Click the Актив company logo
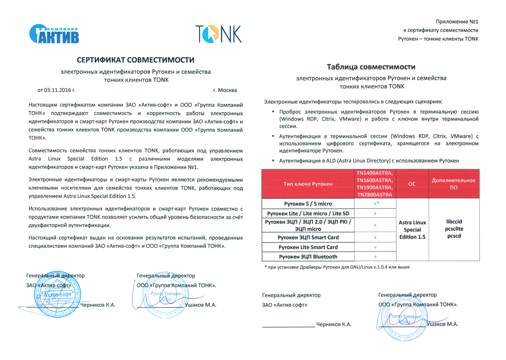pyautogui.click(x=54, y=34)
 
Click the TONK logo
pyautogui.click(x=219, y=34)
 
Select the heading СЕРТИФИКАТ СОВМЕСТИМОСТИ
pyautogui.click(x=136, y=60)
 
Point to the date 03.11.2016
pyautogui.click(x=57, y=90)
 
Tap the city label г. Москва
pyautogui.click(x=225, y=90)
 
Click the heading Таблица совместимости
pyautogui.click(x=371, y=67)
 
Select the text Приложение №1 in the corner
pyautogui.click(x=457, y=22)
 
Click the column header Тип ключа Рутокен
pyautogui.click(x=308, y=184)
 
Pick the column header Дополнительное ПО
pyautogui.click(x=454, y=184)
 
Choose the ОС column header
pyautogui.click(x=412, y=184)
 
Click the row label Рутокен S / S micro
pyautogui.click(x=308, y=204)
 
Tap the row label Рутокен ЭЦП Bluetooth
pyautogui.click(x=308, y=257)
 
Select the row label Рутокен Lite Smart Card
pyautogui.click(x=308, y=247)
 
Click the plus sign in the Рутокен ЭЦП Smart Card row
pyautogui.click(x=375, y=238)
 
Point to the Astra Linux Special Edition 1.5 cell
pyautogui.click(x=412, y=230)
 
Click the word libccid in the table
pyautogui.click(x=454, y=222)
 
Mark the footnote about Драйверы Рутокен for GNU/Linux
pyautogui.click(x=337, y=267)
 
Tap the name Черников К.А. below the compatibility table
pyautogui.click(x=334, y=324)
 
